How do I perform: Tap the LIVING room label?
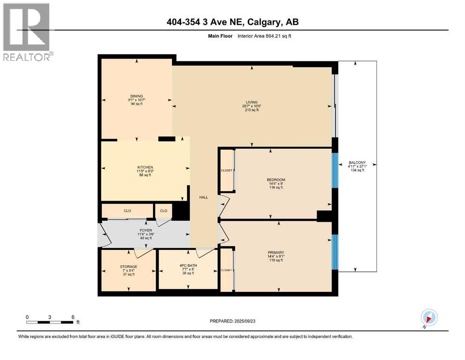pos(252,102)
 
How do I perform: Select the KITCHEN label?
pos(145,167)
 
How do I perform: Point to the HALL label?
pos(203,197)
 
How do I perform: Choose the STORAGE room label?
pos(128,267)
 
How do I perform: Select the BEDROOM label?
pos(276,180)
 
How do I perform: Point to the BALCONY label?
pos(357,163)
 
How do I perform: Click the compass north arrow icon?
pos(428,317)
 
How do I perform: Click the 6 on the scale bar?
pos(73,317)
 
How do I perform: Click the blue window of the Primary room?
pos(334,252)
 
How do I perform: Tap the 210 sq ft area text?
pos(252,110)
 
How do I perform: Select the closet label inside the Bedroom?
pos(227,171)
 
